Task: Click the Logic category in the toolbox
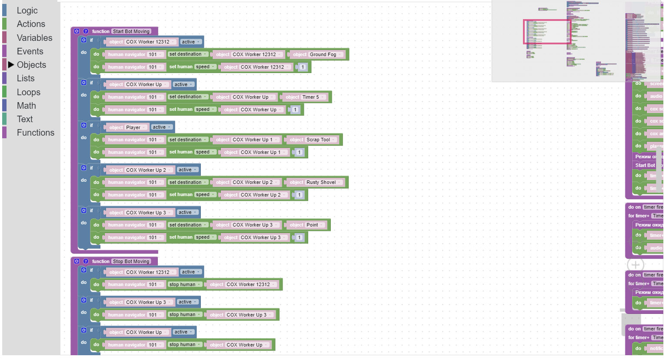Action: pos(27,10)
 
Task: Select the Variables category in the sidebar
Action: pos(34,38)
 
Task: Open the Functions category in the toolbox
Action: pos(35,133)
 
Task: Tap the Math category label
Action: pos(26,106)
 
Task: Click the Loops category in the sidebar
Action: pos(28,92)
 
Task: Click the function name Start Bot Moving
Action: pos(131,31)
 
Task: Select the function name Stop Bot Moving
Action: pos(131,261)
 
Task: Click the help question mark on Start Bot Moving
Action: pos(86,31)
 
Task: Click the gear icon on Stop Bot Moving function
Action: pos(77,261)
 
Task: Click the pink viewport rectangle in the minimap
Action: pos(547,31)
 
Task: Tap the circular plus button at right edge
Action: pos(635,264)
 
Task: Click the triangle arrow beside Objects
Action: pos(11,65)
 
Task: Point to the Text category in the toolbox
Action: pos(25,119)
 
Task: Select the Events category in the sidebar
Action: pos(30,51)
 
